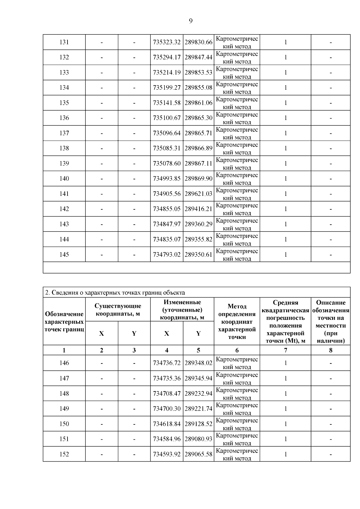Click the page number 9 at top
click(191, 21)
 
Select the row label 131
click(64, 42)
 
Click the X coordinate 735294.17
click(167, 57)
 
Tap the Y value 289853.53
click(198, 73)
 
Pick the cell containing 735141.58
click(167, 103)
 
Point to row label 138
click(64, 148)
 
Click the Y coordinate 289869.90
click(198, 179)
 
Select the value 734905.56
click(167, 194)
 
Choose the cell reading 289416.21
click(198, 209)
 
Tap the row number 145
click(64, 255)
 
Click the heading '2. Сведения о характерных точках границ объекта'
click(115, 292)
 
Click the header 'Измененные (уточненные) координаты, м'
click(182, 310)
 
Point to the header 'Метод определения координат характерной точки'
click(237, 322)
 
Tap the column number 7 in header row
click(285, 350)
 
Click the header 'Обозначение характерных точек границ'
click(64, 322)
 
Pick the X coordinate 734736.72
click(167, 363)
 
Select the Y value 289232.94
click(198, 394)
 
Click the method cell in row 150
click(237, 424)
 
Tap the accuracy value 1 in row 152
click(285, 454)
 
